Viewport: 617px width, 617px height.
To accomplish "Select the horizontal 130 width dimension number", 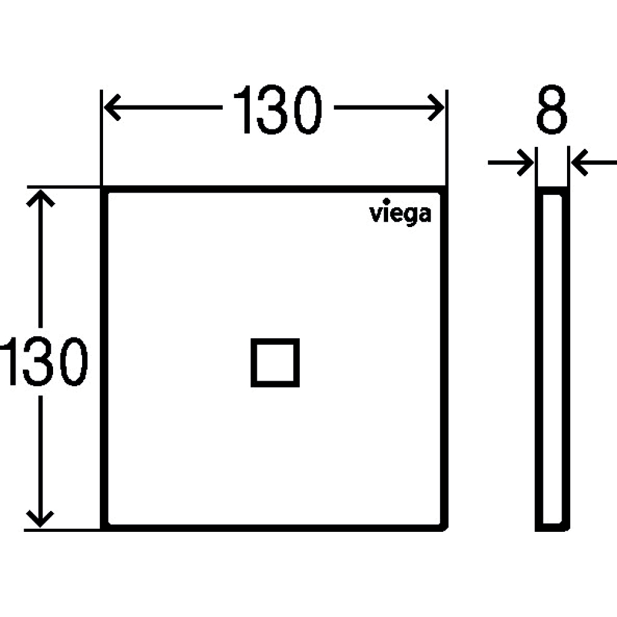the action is [x=278, y=109].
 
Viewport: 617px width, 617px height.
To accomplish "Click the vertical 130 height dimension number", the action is [x=43, y=361].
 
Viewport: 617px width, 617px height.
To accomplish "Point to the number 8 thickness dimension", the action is [x=552, y=109].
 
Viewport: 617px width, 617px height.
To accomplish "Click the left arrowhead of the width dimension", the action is [x=112, y=107].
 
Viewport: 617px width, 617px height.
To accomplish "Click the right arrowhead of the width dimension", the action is [x=436, y=107].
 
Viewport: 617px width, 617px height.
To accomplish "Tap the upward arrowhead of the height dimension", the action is [x=40, y=198].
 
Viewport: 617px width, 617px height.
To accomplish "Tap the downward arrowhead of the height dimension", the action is [x=40, y=519].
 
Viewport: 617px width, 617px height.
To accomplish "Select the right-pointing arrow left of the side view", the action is [x=511, y=162].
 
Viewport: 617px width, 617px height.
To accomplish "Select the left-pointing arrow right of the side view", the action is [x=594, y=162].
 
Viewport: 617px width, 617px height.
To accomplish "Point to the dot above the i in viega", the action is [x=386, y=201].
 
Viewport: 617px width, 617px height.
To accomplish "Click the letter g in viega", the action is [x=411, y=216].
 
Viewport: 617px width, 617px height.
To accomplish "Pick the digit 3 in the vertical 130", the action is [x=38, y=361].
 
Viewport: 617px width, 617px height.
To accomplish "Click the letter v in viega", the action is [x=375, y=215].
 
